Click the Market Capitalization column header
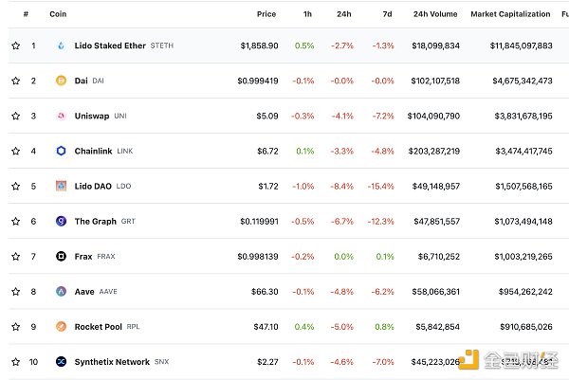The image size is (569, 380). pos(510,14)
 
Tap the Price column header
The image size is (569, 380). pos(266,14)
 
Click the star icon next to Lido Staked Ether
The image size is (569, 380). pos(15,45)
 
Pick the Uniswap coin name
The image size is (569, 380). pos(93,116)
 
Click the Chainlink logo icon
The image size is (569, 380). pos(62,151)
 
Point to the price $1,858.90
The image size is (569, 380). pos(258,45)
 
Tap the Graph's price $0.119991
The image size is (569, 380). pos(258,221)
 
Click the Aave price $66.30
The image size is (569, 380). pos(265,291)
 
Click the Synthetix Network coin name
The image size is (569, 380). pos(112,361)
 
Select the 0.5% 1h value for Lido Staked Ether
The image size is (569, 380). pos(304,45)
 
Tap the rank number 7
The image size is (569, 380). pos(33,256)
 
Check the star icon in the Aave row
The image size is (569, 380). pos(15,291)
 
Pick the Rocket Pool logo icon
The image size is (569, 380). pos(62,326)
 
